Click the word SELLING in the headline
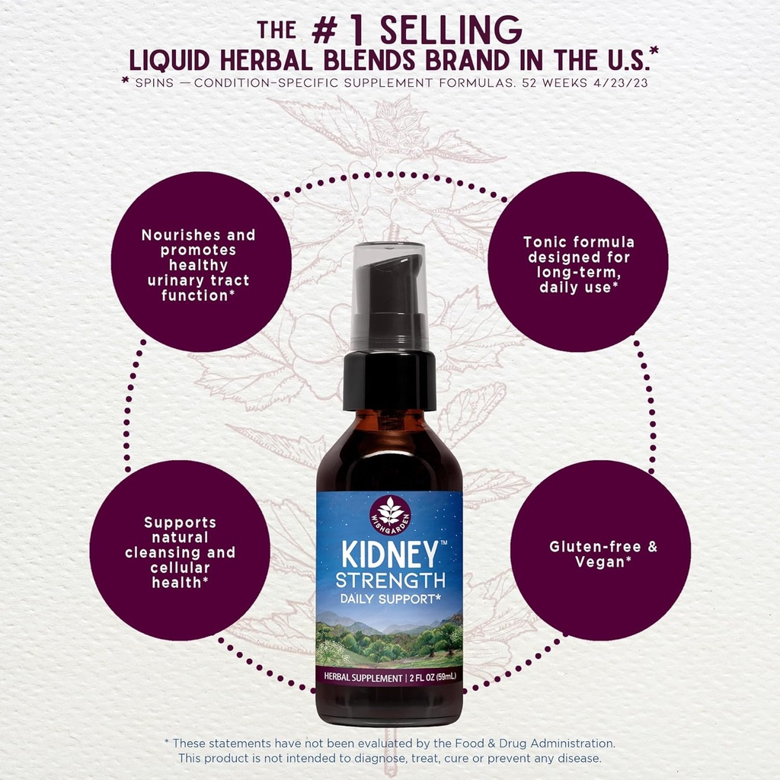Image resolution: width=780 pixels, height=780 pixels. tap(451, 30)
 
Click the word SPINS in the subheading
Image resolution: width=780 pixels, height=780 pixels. tap(154, 82)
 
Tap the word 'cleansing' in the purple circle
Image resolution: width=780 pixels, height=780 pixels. tap(163, 553)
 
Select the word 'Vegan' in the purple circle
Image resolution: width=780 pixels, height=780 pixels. tap(600, 562)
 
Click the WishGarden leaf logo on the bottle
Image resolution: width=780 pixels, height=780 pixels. tap(390, 515)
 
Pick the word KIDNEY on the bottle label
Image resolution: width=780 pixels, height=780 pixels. tap(389, 555)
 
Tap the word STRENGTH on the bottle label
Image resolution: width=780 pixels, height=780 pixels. tap(391, 580)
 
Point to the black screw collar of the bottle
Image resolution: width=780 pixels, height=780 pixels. tap(389, 380)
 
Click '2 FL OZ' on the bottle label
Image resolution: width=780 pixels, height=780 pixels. tap(422, 677)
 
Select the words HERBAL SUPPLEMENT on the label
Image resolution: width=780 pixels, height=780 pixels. tap(363, 677)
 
